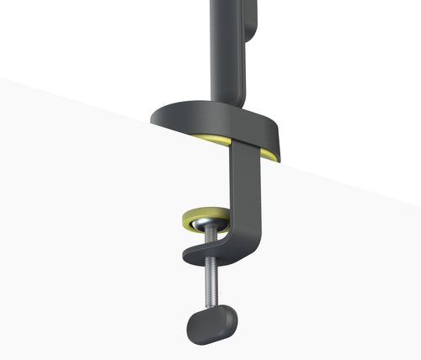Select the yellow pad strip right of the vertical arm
point(268,154)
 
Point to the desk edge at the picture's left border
point(2,79)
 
